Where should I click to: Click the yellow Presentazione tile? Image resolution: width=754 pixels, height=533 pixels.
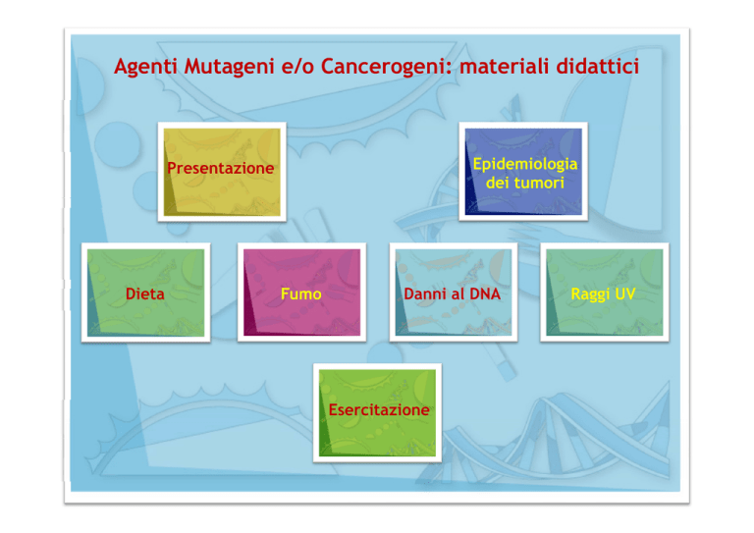click(x=222, y=172)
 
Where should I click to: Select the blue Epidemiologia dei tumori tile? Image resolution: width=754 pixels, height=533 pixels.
click(x=523, y=172)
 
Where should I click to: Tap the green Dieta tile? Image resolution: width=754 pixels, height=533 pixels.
click(x=145, y=293)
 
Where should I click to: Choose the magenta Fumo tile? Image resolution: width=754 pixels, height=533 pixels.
click(x=302, y=293)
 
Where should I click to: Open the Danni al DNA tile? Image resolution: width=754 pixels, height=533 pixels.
click(x=454, y=293)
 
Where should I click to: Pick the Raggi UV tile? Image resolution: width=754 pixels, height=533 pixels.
click(x=605, y=293)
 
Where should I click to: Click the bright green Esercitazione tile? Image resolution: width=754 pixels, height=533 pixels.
click(x=377, y=413)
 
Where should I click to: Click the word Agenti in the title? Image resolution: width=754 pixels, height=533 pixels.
click(x=146, y=67)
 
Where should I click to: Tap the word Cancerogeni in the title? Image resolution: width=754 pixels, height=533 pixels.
click(x=387, y=67)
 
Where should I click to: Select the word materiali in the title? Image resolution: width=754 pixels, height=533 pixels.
click(x=504, y=66)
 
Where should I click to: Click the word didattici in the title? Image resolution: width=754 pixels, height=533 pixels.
click(x=597, y=66)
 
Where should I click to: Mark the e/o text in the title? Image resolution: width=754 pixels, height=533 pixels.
click(x=297, y=67)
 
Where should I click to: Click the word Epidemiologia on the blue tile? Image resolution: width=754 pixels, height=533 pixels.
click(x=525, y=164)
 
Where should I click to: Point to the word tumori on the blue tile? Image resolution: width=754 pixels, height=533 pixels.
click(x=539, y=183)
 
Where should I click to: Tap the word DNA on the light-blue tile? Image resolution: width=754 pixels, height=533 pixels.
click(x=485, y=293)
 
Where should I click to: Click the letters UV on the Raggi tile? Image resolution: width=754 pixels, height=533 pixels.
click(x=625, y=293)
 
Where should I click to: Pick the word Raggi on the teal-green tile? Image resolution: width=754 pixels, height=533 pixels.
click(x=590, y=294)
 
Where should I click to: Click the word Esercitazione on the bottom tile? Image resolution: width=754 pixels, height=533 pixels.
click(x=379, y=410)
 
